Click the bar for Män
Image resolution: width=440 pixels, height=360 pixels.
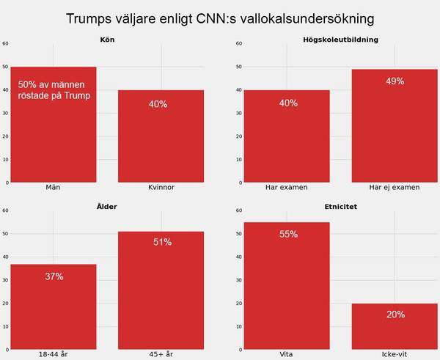click(x=54, y=139)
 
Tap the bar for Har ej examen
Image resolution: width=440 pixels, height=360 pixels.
click(x=395, y=132)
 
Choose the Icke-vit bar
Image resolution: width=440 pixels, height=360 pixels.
click(x=395, y=330)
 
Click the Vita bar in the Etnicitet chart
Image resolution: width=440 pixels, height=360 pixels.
click(x=287, y=293)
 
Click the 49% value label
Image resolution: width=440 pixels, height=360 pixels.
click(x=395, y=81)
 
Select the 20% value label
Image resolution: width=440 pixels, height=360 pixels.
click(x=395, y=315)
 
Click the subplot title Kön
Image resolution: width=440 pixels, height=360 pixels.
click(x=108, y=39)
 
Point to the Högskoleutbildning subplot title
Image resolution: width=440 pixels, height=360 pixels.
click(x=340, y=39)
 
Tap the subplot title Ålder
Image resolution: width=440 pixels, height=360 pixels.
click(x=108, y=206)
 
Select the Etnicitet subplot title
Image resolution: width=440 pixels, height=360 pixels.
click(x=340, y=206)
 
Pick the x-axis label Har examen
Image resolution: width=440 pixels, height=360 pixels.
click(x=287, y=188)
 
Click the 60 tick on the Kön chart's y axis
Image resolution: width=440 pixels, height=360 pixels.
click(x=6, y=43)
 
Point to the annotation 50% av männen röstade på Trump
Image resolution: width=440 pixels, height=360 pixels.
click(x=54, y=90)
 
